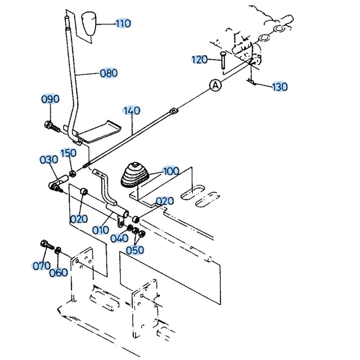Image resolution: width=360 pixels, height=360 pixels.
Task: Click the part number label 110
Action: (123, 23)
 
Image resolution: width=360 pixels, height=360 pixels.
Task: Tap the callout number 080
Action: (109, 73)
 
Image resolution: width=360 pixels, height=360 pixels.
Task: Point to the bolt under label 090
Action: (52, 126)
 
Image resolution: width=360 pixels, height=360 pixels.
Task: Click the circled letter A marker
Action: (215, 85)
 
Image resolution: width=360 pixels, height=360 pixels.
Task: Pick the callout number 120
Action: (199, 60)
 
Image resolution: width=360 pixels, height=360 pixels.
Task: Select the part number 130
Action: (280, 87)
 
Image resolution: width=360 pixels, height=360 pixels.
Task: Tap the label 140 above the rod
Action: (131, 111)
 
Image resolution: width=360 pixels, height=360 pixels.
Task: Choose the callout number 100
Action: (171, 171)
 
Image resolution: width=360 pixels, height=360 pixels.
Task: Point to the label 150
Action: (68, 153)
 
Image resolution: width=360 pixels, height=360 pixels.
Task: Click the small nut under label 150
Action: (72, 174)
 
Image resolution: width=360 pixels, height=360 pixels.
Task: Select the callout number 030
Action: (49, 160)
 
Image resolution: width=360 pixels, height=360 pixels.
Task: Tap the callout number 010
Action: (100, 230)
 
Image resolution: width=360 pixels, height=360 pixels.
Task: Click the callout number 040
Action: (120, 238)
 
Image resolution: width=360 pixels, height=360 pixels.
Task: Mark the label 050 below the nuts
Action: (135, 250)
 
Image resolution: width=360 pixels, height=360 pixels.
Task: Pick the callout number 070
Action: (41, 266)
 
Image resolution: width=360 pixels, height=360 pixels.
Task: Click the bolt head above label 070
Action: (44, 243)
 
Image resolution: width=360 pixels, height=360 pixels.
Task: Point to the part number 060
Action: (59, 273)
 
